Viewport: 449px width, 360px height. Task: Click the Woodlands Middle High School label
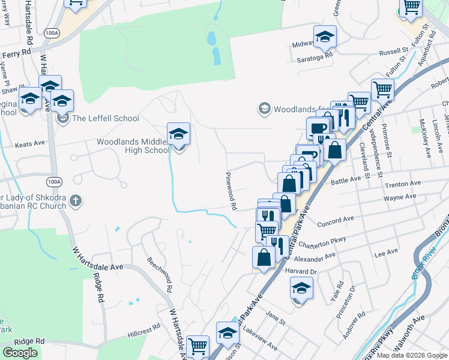(x=134, y=146)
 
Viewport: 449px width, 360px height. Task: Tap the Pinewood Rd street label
(x=230, y=190)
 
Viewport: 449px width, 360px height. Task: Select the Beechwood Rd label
(x=160, y=274)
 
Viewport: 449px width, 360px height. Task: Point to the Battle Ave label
(x=362, y=179)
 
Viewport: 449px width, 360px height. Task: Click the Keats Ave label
(x=30, y=144)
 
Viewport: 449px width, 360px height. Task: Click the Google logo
(x=20, y=353)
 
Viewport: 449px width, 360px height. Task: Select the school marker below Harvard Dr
(x=301, y=289)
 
